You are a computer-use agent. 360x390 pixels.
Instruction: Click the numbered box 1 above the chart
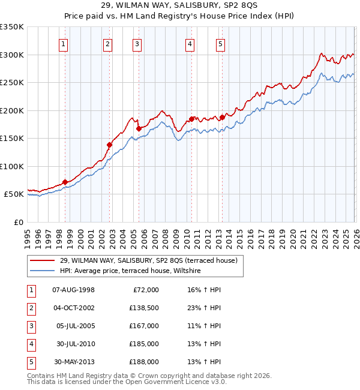(x=63, y=44)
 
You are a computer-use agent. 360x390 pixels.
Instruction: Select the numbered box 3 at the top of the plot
(x=137, y=44)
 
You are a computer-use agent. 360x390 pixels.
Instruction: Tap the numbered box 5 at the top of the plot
(x=220, y=44)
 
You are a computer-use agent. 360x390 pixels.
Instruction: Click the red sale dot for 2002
(x=110, y=145)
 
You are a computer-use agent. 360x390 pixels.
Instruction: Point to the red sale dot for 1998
(x=65, y=182)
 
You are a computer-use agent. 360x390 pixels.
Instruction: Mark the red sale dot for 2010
(x=191, y=119)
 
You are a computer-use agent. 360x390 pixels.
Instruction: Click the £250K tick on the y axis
(x=12, y=83)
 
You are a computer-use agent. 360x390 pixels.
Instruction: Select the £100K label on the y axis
(x=12, y=166)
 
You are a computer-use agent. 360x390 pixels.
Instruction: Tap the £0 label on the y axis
(x=17, y=222)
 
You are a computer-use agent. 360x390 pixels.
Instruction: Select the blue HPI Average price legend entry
(x=132, y=271)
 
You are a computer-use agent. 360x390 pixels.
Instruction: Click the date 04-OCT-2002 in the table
(x=73, y=307)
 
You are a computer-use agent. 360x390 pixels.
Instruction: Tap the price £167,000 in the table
(x=144, y=325)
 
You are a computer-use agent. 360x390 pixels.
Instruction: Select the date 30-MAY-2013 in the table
(x=73, y=362)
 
